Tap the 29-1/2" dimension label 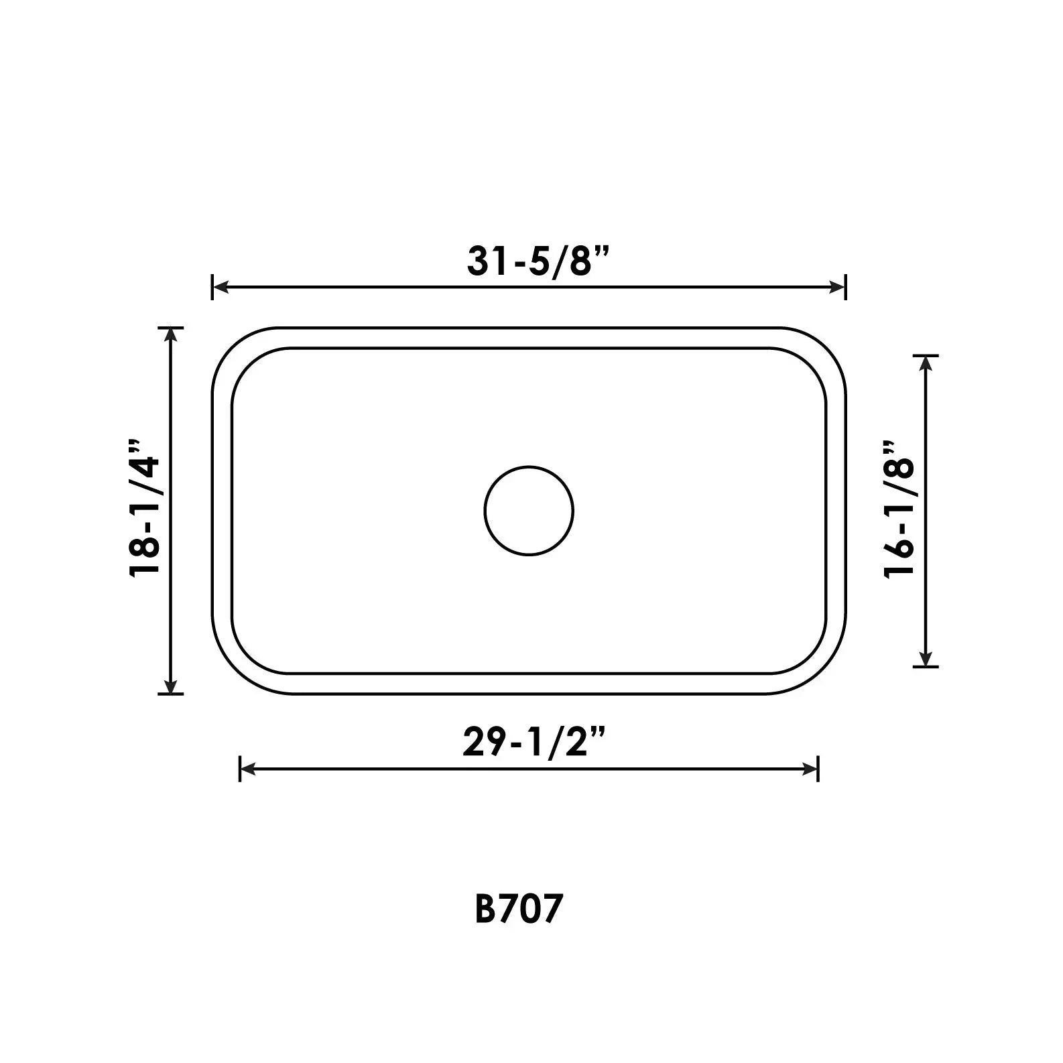534,742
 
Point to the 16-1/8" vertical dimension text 899,509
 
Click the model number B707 517,909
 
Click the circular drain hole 529,511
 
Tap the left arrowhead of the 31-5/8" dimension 221,287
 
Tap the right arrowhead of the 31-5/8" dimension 837,287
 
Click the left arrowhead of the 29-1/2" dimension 249,769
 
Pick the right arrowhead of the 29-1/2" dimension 810,769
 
